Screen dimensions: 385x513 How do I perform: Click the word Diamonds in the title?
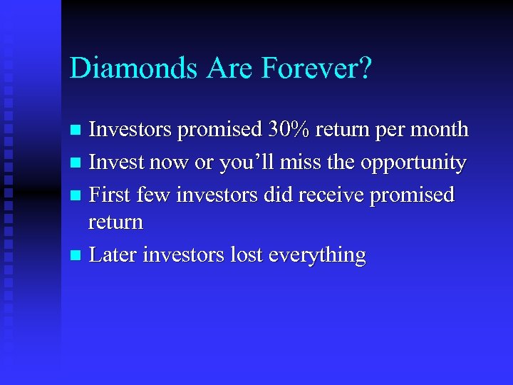135,68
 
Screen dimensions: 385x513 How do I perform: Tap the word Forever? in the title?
316,68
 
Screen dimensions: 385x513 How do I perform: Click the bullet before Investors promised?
78,130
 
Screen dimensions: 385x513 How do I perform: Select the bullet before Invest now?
78,163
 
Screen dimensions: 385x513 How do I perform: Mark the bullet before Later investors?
78,256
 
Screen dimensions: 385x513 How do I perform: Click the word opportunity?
413,163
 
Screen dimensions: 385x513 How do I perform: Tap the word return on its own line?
115,223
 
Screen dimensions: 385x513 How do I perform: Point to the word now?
167,163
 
